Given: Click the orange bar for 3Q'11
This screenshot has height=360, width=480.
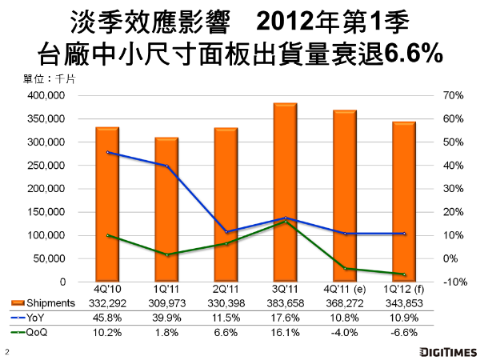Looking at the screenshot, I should coord(285,192).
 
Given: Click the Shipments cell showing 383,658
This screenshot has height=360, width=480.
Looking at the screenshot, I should coord(285,303).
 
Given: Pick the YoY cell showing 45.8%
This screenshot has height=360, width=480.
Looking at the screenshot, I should coord(107,318).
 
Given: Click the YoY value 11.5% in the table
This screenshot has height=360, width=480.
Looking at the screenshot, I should coord(226,318).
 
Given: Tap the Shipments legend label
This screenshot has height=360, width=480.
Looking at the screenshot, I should coord(47,303).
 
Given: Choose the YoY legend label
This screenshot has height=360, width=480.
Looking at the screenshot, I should coord(37,318).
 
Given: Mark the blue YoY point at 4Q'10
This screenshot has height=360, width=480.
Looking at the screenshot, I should coord(107,153).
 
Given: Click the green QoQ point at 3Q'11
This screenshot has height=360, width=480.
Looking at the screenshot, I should coord(285,222).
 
